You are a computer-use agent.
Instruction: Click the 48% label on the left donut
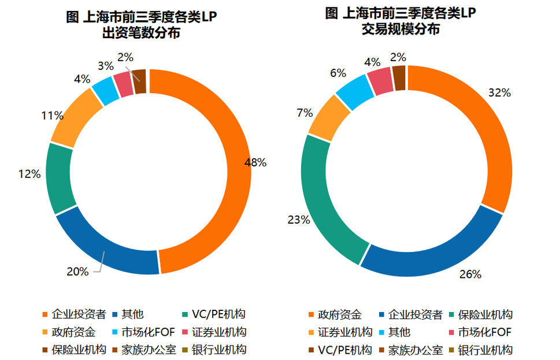255,163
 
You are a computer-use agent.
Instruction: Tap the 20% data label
77,272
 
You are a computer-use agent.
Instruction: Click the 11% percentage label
51,116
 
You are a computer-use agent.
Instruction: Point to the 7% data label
305,113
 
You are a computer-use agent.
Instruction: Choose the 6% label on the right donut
338,73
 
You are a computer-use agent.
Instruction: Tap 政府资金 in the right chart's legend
342,315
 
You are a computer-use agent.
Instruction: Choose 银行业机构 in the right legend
485,350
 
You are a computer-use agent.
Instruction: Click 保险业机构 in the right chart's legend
485,315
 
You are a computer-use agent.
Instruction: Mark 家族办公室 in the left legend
144,350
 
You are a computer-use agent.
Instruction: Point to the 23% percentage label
299,220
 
